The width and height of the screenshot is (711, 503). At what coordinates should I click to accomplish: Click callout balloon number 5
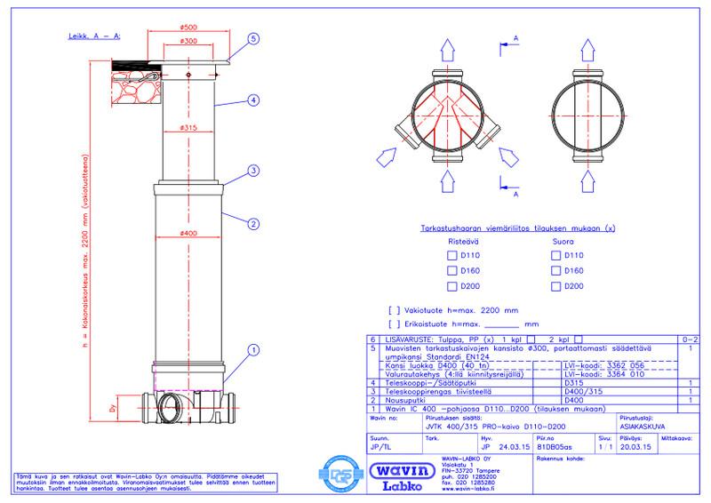click(x=253, y=40)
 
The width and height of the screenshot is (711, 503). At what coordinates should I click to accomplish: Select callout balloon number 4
click(x=253, y=100)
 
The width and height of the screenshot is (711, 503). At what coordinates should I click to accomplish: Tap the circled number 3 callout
click(x=253, y=171)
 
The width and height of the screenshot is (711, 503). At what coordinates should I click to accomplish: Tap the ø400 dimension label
click(x=187, y=234)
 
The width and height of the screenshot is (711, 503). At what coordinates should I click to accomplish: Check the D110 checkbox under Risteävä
click(x=451, y=256)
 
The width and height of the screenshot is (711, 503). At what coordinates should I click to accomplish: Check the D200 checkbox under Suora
click(x=555, y=286)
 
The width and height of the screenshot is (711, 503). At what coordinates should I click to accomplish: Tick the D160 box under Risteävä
click(x=451, y=271)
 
